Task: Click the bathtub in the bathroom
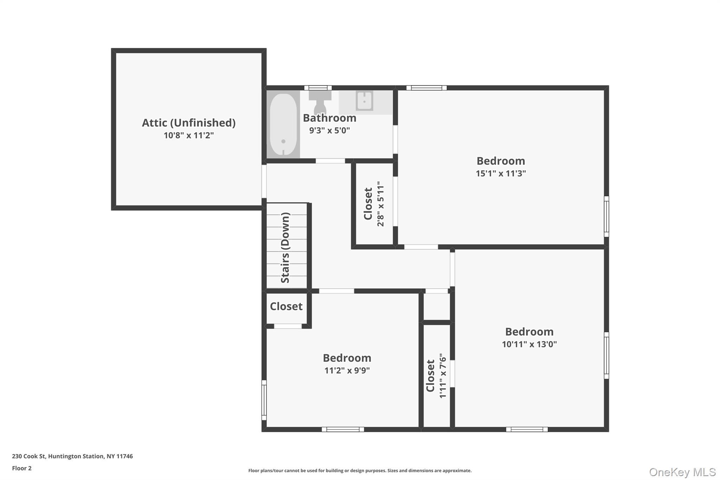point(283,124)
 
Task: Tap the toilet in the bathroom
point(320,102)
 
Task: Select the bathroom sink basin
point(365,101)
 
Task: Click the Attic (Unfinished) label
point(189,123)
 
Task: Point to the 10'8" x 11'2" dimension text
point(189,135)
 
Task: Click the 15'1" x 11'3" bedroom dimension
point(501,173)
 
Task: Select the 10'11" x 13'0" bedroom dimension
point(529,344)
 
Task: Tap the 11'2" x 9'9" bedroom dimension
point(347,370)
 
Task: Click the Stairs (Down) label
point(285,248)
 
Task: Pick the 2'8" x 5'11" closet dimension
point(380,204)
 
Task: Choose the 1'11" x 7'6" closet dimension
point(443,376)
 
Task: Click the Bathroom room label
point(329,118)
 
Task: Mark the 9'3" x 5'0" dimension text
point(329,130)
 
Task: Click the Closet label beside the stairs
point(286,306)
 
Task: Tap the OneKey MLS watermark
point(682,472)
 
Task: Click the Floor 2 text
point(22,468)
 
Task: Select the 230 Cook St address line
point(72,456)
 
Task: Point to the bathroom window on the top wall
point(318,88)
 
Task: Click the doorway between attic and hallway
point(264,181)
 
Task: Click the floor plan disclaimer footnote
point(360,471)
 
